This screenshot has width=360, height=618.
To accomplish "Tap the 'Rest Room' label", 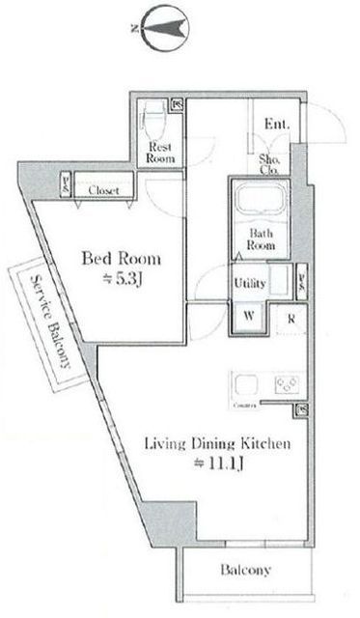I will (158, 152).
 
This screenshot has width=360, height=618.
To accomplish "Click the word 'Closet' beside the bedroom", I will (103, 191).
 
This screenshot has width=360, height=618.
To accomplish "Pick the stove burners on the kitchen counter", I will (287, 385).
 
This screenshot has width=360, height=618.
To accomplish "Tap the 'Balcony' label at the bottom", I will (248, 571).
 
